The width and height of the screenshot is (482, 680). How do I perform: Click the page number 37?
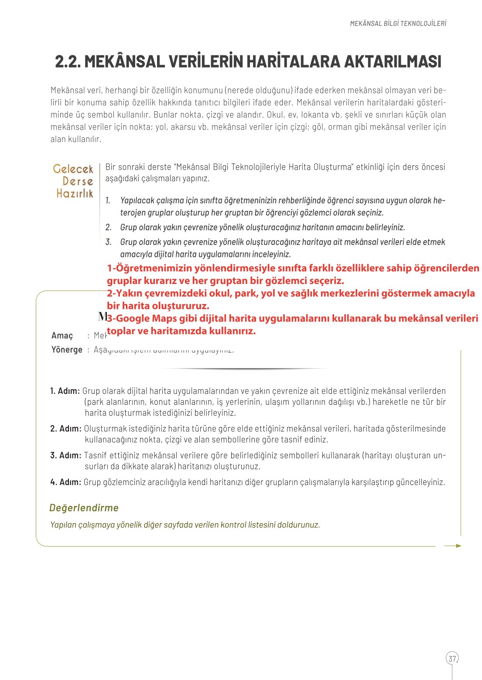click(452, 658)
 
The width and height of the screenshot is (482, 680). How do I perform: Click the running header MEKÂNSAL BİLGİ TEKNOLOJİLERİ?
click(398, 24)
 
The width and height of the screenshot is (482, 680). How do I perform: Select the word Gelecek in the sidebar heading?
click(73, 169)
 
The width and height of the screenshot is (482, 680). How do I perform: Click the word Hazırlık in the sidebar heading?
click(75, 193)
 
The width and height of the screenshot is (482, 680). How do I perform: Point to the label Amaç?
click(62, 335)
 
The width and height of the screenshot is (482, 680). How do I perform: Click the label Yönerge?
click(67, 350)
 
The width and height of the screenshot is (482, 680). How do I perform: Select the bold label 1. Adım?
click(65, 391)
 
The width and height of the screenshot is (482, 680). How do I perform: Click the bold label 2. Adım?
click(65, 429)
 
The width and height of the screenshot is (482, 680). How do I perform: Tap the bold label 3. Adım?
click(65, 455)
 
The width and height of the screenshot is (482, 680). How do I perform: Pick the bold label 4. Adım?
click(65, 482)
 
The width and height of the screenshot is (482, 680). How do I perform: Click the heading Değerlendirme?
click(84, 508)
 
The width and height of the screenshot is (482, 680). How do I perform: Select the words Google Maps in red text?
click(144, 318)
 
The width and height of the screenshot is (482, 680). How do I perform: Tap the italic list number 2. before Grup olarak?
click(109, 227)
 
